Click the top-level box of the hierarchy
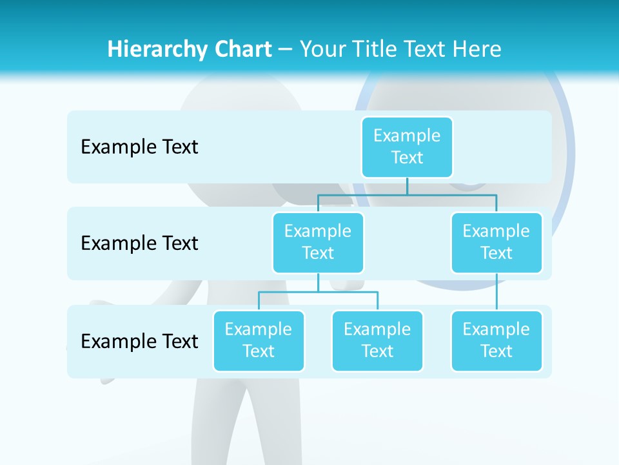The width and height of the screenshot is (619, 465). coord(407,147)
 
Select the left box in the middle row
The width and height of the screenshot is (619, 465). coord(318,242)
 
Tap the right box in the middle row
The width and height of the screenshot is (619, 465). coord(496,242)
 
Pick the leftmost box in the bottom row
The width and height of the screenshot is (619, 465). coord(259,340)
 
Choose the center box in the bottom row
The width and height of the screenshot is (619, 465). coord(377,340)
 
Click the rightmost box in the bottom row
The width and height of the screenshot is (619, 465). coord(496,340)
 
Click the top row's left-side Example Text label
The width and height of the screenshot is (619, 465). coord(139,147)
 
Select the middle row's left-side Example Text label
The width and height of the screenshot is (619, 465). coord(139,243)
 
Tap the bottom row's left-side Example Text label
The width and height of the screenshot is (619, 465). coord(139,341)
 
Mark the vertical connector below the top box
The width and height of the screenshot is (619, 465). coord(407,185)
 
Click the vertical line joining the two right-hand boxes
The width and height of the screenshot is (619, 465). coord(496,292)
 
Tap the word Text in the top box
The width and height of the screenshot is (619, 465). coord(407,158)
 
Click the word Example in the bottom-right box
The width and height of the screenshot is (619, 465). coord(496,329)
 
